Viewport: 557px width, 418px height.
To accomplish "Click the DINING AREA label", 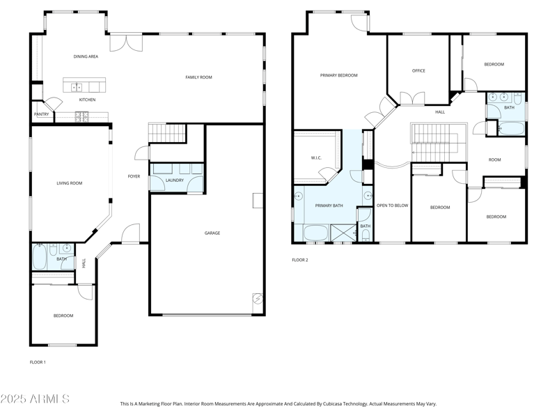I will click(x=86, y=56).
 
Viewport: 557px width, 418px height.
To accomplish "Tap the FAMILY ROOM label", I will click(x=198, y=77).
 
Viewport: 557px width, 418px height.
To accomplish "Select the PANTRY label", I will click(x=41, y=114).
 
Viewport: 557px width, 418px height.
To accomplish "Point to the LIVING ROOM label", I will click(x=70, y=183).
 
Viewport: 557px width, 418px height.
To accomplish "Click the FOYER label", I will click(x=134, y=176).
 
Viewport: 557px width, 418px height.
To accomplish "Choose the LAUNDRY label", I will click(x=175, y=180).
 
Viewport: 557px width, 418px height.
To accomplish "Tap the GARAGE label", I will click(x=212, y=233).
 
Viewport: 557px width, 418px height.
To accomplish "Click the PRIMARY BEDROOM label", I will click(x=338, y=75).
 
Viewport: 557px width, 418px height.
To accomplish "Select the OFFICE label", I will click(x=418, y=70).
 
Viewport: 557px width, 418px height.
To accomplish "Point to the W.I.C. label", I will click(x=315, y=158).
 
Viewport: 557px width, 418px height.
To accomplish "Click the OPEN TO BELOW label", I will click(x=392, y=206).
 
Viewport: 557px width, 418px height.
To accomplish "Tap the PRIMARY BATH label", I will click(x=329, y=206).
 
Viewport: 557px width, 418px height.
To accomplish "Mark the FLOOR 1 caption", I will click(x=38, y=362).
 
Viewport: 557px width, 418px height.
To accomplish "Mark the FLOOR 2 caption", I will click(x=299, y=260).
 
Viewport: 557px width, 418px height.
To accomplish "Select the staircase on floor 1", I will click(x=168, y=132).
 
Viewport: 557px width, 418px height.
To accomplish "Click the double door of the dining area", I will click(x=127, y=42).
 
